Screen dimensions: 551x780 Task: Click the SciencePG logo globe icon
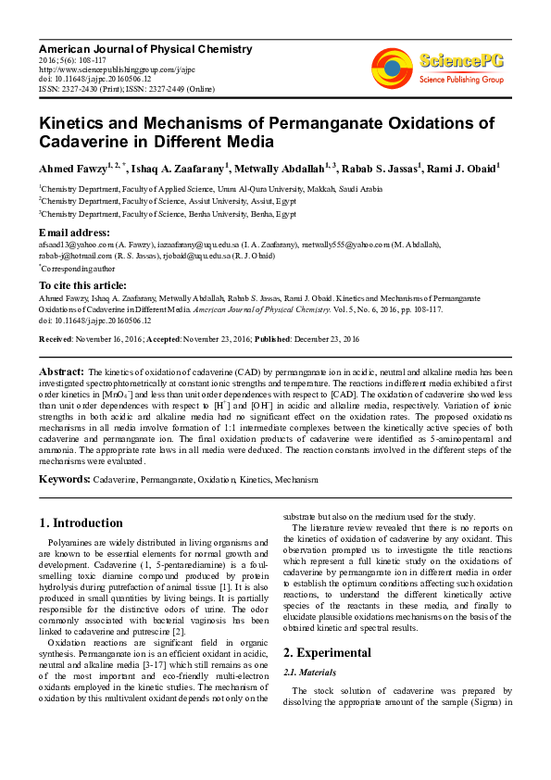[392, 68]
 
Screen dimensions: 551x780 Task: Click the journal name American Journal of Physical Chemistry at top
[144, 49]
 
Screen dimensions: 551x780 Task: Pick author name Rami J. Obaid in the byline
[465, 169]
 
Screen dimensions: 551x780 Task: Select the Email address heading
[74, 232]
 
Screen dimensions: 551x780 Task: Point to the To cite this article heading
[82, 285]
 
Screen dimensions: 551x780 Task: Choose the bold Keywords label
[64, 480]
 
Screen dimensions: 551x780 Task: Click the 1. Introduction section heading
[81, 523]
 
